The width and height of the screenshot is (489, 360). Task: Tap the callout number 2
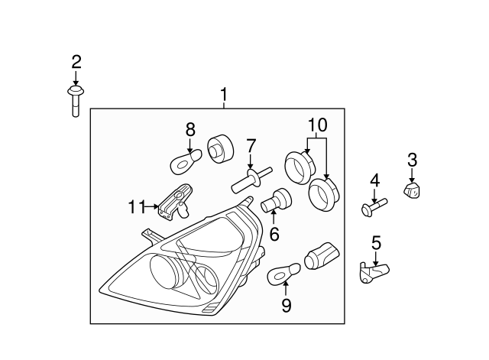[x=76, y=62]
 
